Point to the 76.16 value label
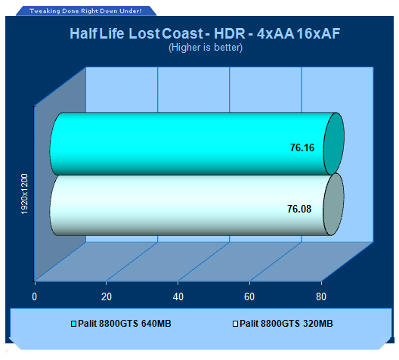click(302, 147)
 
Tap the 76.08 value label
click(299, 209)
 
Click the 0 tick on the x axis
click(35, 296)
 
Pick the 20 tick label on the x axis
click(107, 296)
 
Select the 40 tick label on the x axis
click(178, 296)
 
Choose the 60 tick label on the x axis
click(249, 296)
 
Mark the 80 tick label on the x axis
click(321, 296)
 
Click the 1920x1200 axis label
click(24, 194)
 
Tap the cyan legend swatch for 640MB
click(73, 324)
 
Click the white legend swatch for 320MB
click(235, 324)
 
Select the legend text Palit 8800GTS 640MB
click(125, 324)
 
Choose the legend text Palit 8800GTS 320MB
click(286, 324)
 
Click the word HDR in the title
click(230, 33)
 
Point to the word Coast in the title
click(182, 33)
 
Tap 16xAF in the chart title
click(318, 33)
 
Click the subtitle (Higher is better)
click(206, 48)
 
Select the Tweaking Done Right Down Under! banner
click(85, 11)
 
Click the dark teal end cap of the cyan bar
click(334, 144)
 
